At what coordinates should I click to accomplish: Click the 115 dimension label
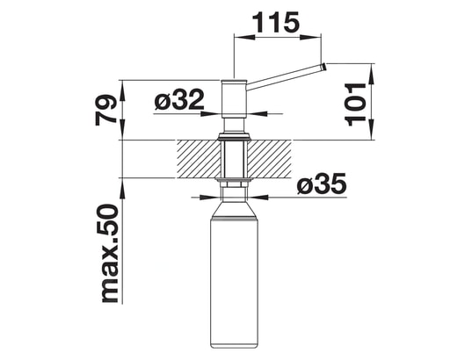click(275, 22)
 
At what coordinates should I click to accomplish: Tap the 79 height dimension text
click(106, 110)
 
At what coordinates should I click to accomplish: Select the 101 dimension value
click(355, 104)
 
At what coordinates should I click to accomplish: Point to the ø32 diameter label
click(179, 99)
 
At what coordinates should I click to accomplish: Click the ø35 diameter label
click(322, 184)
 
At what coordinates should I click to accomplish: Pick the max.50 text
click(109, 253)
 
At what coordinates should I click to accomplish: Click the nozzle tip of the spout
click(323, 67)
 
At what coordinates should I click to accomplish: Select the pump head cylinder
click(234, 99)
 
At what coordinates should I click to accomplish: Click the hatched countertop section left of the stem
click(199, 159)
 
